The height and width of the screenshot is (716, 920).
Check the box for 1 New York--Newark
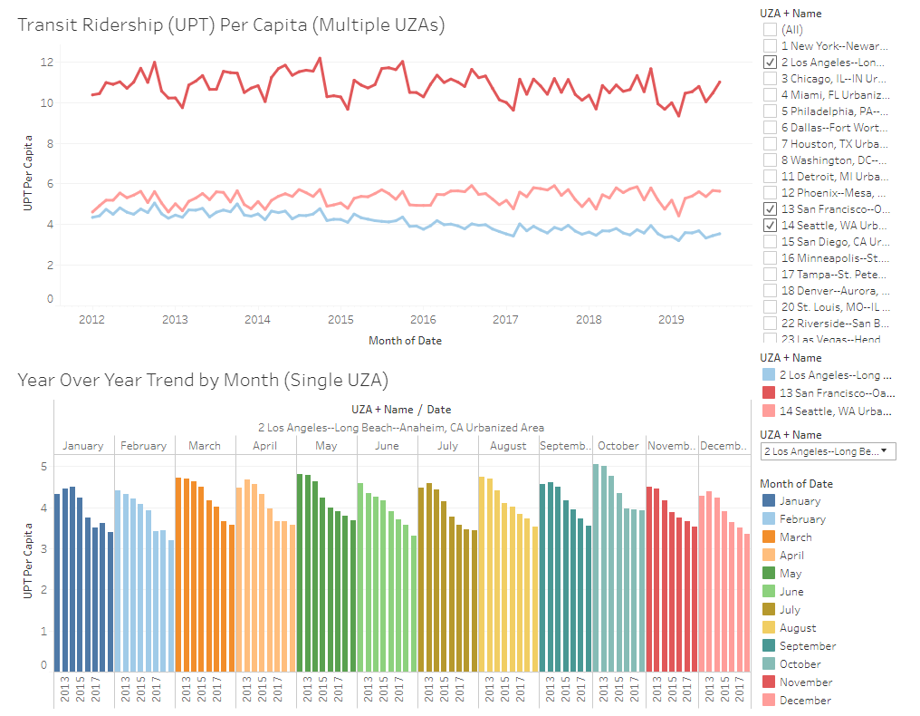(770, 45)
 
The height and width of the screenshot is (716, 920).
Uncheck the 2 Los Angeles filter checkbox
(770, 62)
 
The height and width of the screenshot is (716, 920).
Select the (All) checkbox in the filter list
(770, 29)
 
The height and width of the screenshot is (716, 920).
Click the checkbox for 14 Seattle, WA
(770, 225)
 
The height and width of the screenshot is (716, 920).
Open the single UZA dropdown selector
(828, 451)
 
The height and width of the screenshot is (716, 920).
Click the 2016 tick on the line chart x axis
(423, 319)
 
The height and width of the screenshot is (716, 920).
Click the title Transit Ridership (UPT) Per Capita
(231, 25)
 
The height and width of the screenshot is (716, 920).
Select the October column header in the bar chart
(618, 446)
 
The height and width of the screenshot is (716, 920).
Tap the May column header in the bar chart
(326, 446)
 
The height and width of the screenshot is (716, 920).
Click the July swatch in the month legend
(768, 610)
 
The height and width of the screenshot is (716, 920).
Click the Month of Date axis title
(405, 340)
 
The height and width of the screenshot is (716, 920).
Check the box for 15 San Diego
(770, 241)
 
